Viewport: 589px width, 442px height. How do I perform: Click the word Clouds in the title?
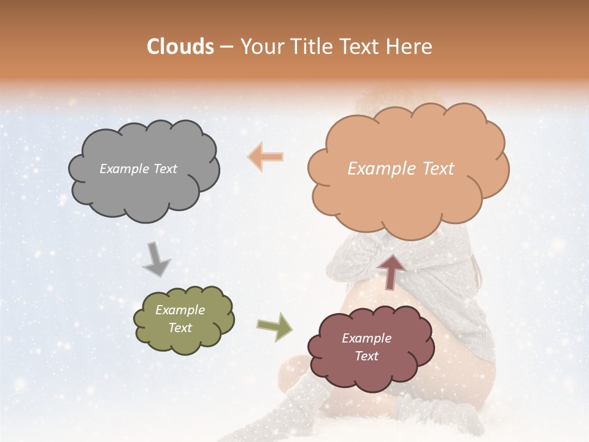point(181,47)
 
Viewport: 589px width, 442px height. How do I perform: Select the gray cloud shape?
point(144,184)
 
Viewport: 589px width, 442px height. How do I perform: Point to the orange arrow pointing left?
point(266,157)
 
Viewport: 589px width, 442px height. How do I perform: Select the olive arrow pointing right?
point(274,327)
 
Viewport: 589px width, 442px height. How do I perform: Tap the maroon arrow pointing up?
point(391,271)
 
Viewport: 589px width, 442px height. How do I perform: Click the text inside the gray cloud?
point(138,169)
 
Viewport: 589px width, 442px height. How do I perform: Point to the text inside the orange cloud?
point(401,169)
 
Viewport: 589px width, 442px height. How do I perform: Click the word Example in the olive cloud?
point(180,310)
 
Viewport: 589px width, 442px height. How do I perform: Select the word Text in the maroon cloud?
point(366,356)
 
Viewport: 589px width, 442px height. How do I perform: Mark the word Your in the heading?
point(260,47)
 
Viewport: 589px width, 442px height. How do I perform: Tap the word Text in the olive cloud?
point(180,328)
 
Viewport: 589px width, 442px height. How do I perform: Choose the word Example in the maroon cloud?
point(366,338)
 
